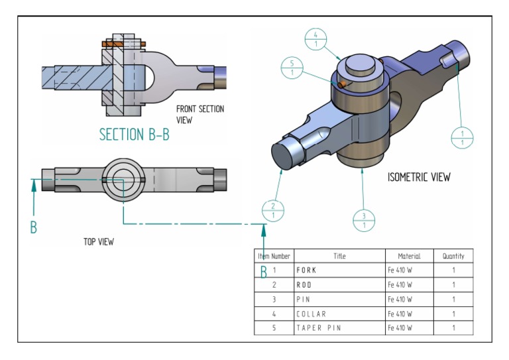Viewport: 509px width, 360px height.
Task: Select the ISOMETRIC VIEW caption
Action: pyautogui.click(x=419, y=177)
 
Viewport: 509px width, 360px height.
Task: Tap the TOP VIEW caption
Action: pyautogui.click(x=98, y=242)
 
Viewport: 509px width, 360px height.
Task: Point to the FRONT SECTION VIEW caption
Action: pyautogui.click(x=199, y=114)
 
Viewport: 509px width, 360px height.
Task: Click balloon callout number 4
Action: pyautogui.click(x=316, y=39)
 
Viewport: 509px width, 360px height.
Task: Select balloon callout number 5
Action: pyautogui.click(x=292, y=68)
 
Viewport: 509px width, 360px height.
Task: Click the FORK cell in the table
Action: pyautogui.click(x=306, y=270)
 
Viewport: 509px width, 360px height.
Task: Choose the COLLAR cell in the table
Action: pyautogui.click(x=311, y=314)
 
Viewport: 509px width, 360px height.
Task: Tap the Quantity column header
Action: pyautogui.click(x=453, y=256)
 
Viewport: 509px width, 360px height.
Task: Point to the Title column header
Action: pyautogui.click(x=339, y=256)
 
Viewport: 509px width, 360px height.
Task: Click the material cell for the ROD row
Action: pyautogui.click(x=400, y=284)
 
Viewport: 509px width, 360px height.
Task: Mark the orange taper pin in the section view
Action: pyautogui.click(x=122, y=44)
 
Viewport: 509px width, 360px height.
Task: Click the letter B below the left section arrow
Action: pyautogui.click(x=33, y=227)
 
